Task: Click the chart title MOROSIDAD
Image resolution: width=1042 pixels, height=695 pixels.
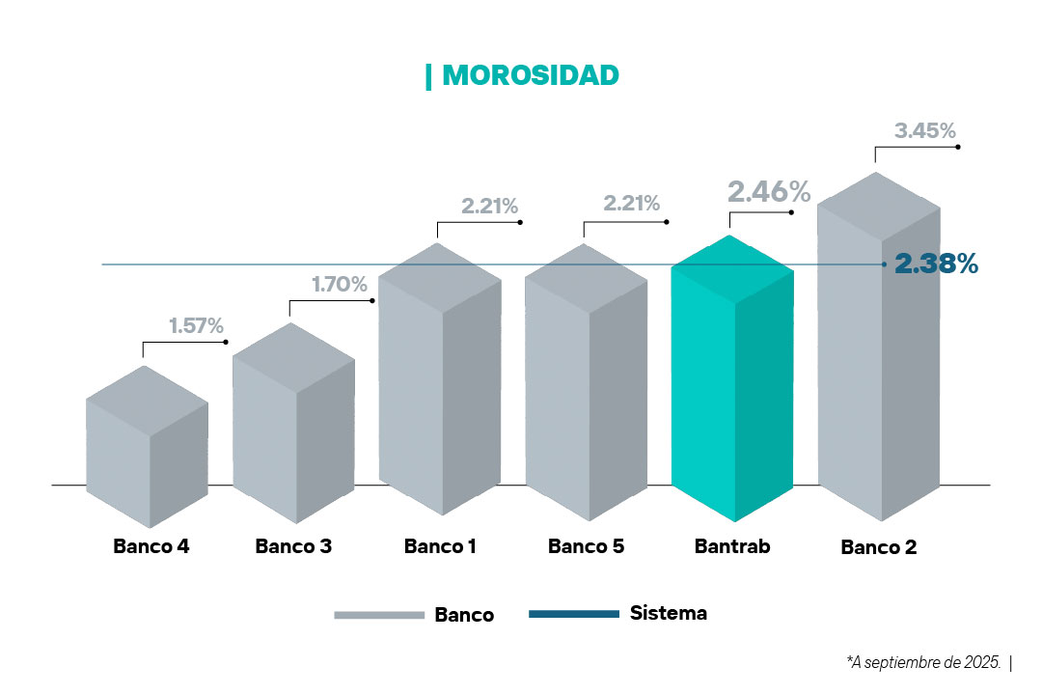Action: [530, 75]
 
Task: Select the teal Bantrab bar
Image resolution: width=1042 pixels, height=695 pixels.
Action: [731, 386]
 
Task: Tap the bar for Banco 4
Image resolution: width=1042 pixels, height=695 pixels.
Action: [147, 454]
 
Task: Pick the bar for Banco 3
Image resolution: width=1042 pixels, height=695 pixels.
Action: [294, 425]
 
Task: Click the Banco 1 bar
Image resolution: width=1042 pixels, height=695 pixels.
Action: [440, 386]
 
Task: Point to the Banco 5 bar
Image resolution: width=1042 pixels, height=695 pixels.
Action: [586, 386]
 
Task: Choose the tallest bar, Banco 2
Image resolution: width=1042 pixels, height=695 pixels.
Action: [878, 357]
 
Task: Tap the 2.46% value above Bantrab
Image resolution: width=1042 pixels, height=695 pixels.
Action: [768, 191]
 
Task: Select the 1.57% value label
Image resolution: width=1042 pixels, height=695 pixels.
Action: [196, 325]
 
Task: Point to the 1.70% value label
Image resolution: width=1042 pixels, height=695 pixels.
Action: [339, 284]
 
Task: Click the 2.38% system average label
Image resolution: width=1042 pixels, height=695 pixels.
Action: [936, 264]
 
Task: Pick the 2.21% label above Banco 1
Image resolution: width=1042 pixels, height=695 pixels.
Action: [489, 206]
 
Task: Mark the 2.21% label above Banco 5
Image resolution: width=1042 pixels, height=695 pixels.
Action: [631, 204]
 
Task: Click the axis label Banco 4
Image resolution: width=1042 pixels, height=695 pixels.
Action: [151, 546]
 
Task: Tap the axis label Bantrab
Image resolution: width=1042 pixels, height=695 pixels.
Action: [732, 546]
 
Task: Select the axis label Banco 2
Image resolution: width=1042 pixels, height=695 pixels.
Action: [878, 547]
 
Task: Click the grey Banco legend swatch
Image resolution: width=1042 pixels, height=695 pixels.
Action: [378, 615]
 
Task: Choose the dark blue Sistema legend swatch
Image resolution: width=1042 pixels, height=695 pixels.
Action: [574, 614]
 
